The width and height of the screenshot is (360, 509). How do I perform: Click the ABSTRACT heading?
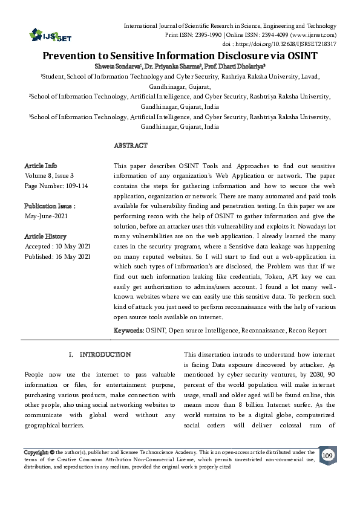(131, 146)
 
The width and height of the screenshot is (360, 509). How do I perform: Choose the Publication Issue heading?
(49, 206)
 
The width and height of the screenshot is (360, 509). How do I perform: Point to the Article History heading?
(45, 236)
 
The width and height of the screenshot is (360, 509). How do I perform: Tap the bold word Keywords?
(128, 331)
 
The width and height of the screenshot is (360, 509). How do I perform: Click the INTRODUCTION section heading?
(105, 354)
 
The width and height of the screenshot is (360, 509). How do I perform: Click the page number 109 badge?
(327, 455)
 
